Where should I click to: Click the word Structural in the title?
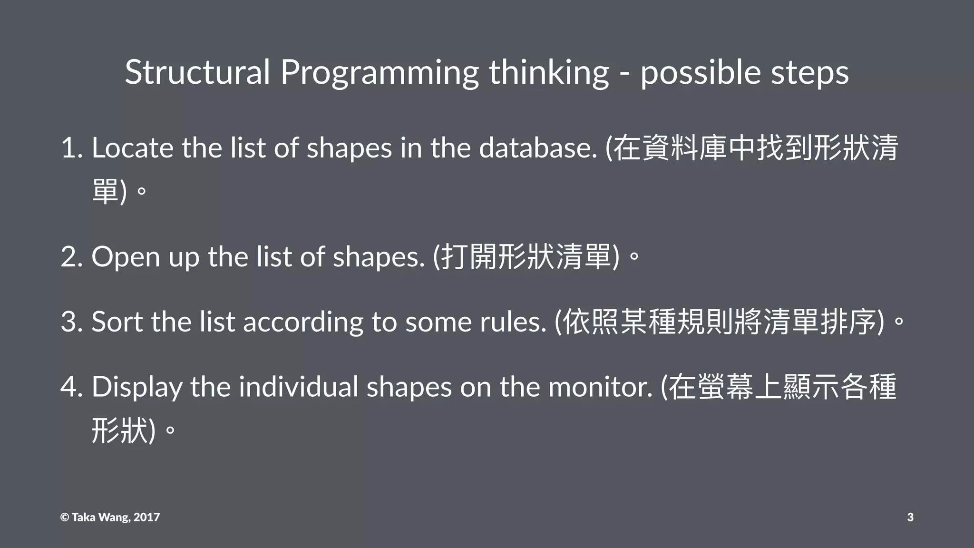197,72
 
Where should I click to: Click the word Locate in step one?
132,148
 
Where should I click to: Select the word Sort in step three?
117,322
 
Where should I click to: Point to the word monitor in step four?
601,387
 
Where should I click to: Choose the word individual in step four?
298,387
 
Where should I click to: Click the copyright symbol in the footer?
65,518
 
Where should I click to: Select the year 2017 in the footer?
146,518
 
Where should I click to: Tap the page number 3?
910,518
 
